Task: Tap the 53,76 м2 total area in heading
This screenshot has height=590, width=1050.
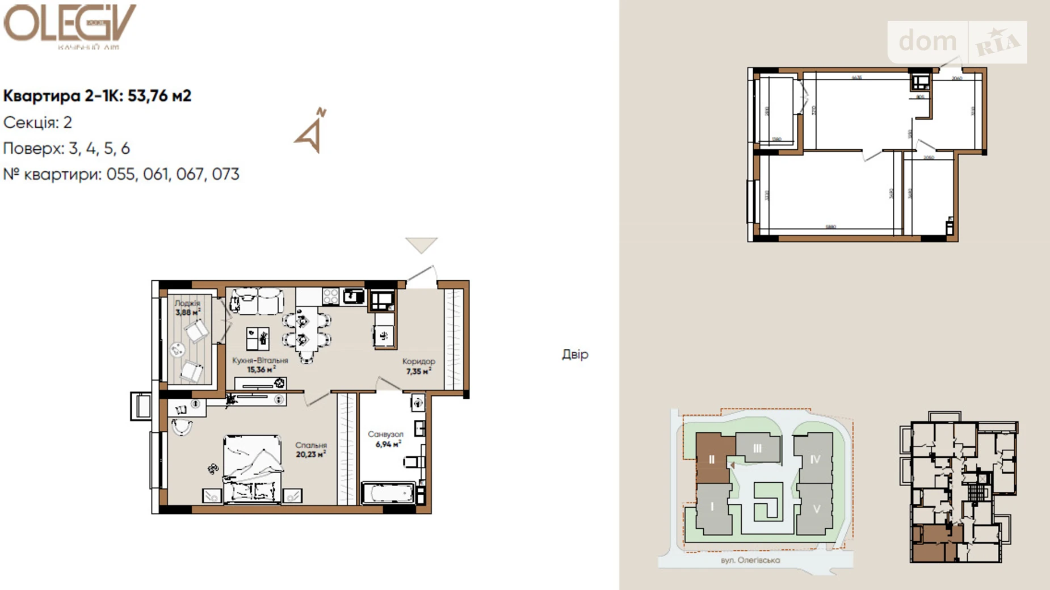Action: point(159,96)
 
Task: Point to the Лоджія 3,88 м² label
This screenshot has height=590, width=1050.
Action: point(187,308)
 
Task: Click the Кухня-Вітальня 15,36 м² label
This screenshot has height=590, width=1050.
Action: point(260,365)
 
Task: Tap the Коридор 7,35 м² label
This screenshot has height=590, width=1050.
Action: point(418,366)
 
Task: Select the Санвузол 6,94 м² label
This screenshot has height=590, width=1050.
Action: point(386,439)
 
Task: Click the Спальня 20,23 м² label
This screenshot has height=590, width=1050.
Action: point(310,450)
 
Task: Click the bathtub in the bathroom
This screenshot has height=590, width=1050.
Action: point(388,492)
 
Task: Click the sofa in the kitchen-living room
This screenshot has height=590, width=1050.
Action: point(257,301)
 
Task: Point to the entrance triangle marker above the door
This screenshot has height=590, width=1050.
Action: point(421,245)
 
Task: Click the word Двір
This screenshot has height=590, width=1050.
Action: point(575,354)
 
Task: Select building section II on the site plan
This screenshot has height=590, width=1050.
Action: point(712,459)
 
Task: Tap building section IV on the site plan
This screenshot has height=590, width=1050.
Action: point(814,459)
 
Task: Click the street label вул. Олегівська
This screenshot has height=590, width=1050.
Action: point(750,560)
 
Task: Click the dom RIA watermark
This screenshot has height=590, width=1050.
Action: point(957,42)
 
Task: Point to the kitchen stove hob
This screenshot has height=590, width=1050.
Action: point(330,296)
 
